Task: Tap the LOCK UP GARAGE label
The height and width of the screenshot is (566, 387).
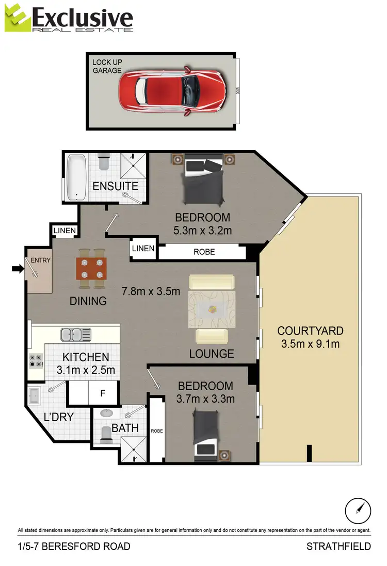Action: pyautogui.click(x=107, y=66)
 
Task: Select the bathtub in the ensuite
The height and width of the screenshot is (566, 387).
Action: pyautogui.click(x=77, y=178)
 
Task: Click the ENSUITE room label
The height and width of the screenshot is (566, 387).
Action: pyautogui.click(x=115, y=186)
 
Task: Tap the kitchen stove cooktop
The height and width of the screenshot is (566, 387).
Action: pyautogui.click(x=36, y=360)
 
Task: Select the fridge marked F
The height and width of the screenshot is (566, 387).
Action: pyautogui.click(x=103, y=393)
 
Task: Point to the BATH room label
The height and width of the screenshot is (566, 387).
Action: pyautogui.click(x=125, y=428)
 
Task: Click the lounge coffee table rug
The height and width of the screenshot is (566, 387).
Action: pyautogui.click(x=211, y=310)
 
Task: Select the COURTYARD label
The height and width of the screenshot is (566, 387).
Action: pyautogui.click(x=310, y=331)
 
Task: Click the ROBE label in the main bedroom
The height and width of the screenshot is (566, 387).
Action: pyautogui.click(x=204, y=252)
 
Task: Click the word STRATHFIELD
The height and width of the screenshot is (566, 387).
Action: pyautogui.click(x=338, y=546)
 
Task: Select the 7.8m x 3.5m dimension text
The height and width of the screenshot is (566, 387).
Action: pyautogui.click(x=151, y=291)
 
